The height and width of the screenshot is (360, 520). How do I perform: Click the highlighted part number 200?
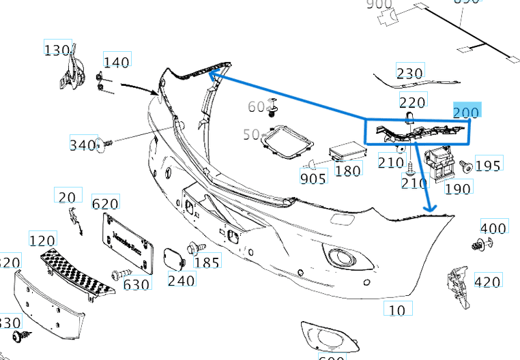[x=467, y=112]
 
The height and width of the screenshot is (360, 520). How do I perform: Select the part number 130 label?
[x=57, y=50]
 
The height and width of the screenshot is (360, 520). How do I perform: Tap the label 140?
[x=116, y=62]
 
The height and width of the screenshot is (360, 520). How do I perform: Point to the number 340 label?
[x=83, y=145]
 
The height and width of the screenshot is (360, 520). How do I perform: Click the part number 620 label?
[x=105, y=203]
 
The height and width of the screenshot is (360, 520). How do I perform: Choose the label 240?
[x=181, y=280]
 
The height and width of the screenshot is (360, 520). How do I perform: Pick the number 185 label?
[x=207, y=262]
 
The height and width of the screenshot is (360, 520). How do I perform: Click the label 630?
[x=136, y=284]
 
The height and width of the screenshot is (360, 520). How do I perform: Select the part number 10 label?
[x=396, y=310]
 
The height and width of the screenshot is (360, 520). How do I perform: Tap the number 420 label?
[x=487, y=281]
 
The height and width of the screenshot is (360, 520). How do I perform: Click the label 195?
[x=488, y=165]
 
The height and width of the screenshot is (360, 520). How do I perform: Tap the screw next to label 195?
[x=466, y=165]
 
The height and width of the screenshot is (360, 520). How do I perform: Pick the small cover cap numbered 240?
[x=174, y=258]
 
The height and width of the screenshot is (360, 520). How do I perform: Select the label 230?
[x=409, y=73]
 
